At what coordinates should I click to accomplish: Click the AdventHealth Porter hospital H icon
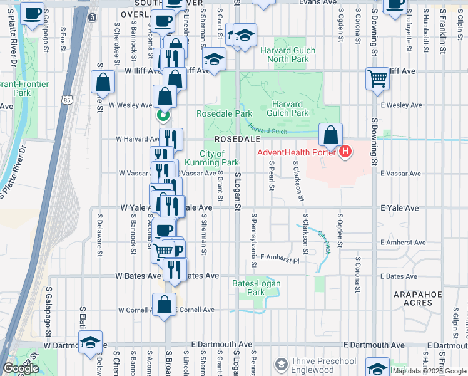(x=345, y=152)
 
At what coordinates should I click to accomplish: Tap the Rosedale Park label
(x=224, y=114)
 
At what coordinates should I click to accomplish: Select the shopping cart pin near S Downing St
(x=377, y=79)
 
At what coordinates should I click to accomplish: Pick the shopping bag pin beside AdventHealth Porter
(x=330, y=133)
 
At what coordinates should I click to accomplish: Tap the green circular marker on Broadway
(x=163, y=115)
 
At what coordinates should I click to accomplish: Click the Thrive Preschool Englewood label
(x=323, y=365)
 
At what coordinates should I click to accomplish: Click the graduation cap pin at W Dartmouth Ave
(x=91, y=342)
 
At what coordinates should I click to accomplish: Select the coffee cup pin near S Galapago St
(x=33, y=13)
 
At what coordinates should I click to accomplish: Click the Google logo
(x=21, y=368)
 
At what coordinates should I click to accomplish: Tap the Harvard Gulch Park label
(x=290, y=108)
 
